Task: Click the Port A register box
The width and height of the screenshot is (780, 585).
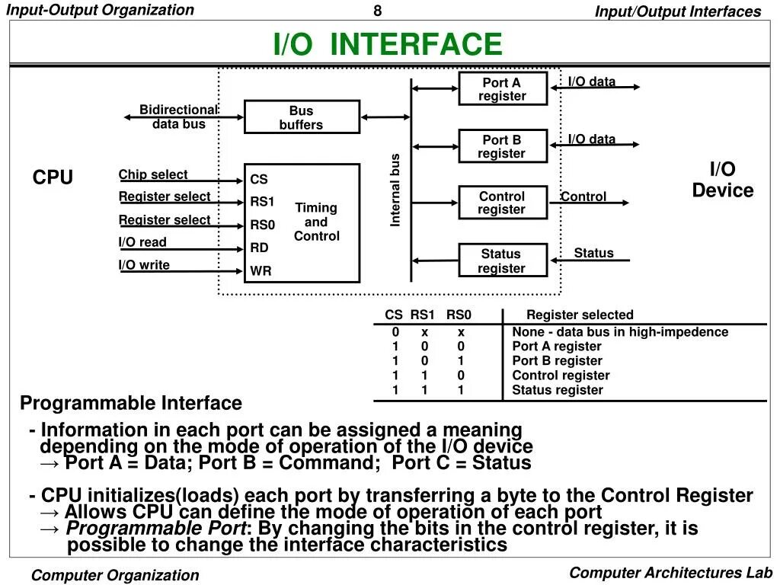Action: click(x=503, y=89)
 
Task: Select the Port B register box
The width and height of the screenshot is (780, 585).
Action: click(x=503, y=146)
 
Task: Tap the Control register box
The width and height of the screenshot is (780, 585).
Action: click(x=503, y=203)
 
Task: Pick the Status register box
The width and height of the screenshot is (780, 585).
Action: click(x=503, y=261)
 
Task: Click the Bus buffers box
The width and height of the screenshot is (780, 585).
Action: click(x=302, y=117)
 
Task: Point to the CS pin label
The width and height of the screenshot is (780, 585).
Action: click(x=259, y=180)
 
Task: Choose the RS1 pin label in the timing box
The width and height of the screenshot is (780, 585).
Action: click(x=262, y=202)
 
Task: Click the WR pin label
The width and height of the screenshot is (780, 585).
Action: click(x=261, y=270)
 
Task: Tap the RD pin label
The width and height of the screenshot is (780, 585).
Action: click(x=260, y=248)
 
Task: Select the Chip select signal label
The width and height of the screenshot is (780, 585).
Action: click(x=153, y=174)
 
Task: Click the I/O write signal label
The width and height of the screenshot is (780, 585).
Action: click(x=144, y=265)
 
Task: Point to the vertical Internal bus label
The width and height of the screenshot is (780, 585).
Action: click(x=395, y=190)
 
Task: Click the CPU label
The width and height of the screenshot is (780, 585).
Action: click(x=53, y=177)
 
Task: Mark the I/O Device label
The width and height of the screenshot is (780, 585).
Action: click(x=722, y=180)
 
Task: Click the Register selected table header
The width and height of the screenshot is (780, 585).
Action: click(x=580, y=315)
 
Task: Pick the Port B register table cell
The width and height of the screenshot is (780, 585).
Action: click(x=557, y=360)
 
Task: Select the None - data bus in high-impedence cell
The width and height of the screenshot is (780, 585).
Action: click(x=620, y=331)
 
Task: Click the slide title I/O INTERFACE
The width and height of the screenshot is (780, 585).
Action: click(x=388, y=44)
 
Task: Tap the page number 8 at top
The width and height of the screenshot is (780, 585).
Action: click(x=377, y=11)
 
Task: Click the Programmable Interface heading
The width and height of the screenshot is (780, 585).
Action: click(x=131, y=403)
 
